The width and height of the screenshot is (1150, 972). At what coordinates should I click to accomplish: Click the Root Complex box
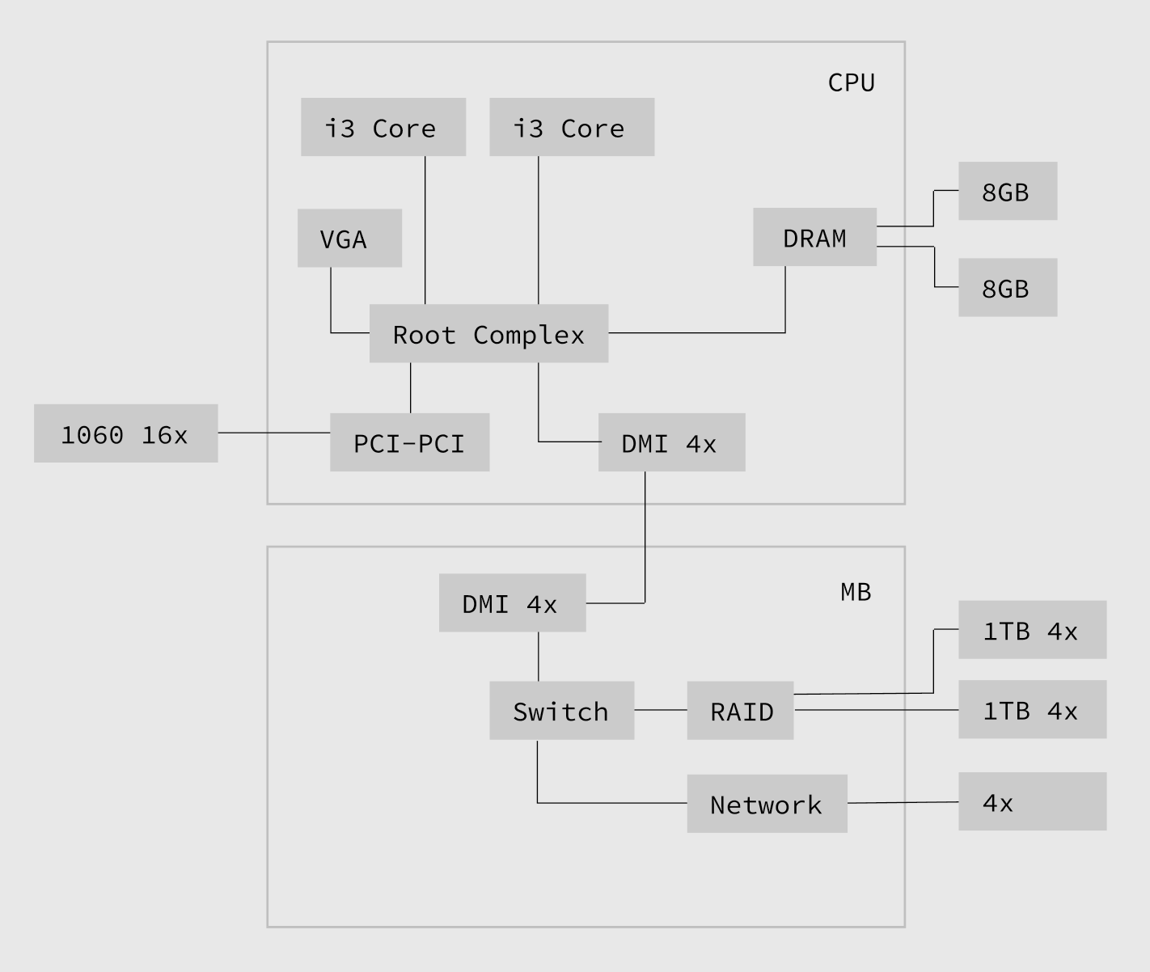[488, 333]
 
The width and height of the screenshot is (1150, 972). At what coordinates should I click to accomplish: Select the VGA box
[349, 238]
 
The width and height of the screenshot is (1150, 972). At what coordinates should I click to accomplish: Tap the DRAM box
[814, 237]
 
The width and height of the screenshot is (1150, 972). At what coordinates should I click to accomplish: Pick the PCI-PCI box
[409, 442]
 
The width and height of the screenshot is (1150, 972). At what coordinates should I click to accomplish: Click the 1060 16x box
[125, 433]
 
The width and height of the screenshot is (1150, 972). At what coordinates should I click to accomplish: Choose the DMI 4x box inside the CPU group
[671, 442]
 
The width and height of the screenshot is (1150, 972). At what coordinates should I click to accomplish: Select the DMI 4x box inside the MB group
[512, 602]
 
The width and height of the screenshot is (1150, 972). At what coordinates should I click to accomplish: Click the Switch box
[561, 710]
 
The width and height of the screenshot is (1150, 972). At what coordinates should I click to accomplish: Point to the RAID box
[740, 710]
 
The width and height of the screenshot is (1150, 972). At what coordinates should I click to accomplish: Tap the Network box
[767, 803]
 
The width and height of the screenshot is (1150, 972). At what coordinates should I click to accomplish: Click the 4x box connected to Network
[1032, 801]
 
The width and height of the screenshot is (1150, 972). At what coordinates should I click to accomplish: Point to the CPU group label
[851, 82]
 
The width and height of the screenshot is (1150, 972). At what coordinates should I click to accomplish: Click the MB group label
[856, 592]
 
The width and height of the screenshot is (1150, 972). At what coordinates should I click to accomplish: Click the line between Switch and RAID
[660, 710]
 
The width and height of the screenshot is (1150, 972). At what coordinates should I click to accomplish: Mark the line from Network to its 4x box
[903, 802]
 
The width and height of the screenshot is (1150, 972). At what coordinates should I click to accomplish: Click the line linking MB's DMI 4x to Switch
[539, 656]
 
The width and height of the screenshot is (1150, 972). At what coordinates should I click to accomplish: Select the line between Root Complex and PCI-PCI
[411, 387]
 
